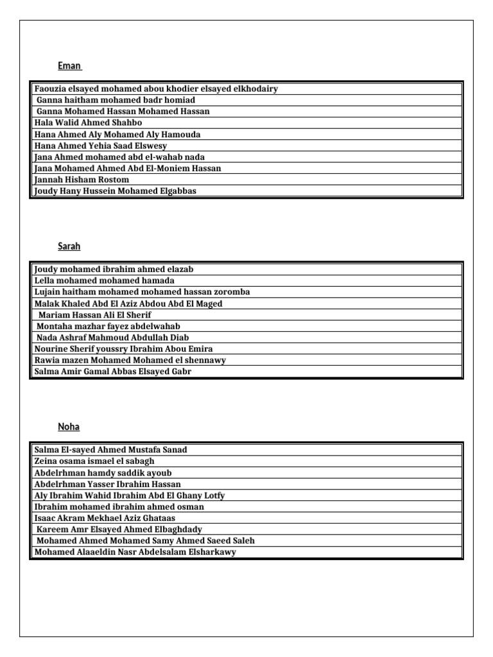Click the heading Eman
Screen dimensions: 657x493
pos(69,66)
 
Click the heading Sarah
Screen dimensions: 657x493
pos(69,246)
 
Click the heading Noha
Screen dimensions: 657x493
pos(69,427)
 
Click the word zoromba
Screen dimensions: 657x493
pos(230,292)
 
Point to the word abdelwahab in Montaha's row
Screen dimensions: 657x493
pos(157,327)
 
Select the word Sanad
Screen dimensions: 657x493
pos(173,450)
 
